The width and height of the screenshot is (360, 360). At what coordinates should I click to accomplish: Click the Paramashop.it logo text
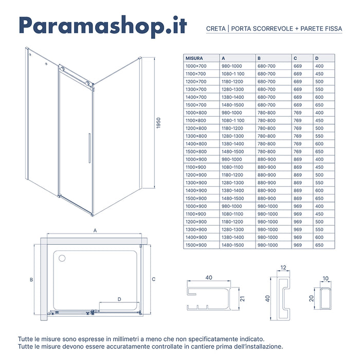[102, 26]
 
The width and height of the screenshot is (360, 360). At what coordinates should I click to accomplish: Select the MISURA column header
[195, 58]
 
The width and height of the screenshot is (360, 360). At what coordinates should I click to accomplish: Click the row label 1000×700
[195, 66]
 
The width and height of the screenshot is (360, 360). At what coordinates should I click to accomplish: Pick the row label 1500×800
[195, 152]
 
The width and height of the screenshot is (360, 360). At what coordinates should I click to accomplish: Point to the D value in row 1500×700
[319, 105]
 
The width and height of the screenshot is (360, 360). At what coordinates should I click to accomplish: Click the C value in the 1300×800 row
[297, 136]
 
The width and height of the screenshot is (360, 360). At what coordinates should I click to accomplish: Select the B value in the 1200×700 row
[266, 82]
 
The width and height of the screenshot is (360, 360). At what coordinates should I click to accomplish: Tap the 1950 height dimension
[159, 123]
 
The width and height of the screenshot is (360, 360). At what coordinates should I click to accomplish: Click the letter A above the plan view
[95, 231]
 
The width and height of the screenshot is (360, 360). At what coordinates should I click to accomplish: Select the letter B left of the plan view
[31, 280]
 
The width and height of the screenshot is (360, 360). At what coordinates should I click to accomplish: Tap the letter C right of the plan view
[153, 279]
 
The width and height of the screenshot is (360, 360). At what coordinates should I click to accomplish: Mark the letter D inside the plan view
[119, 299]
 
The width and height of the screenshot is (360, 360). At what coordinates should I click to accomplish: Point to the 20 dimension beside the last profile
[312, 299]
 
